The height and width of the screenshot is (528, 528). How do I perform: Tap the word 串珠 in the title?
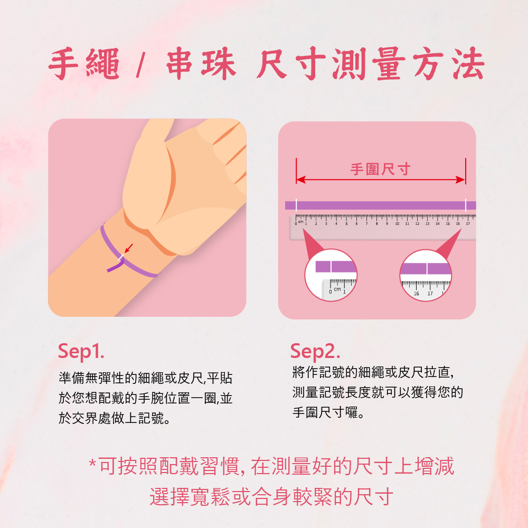click(201, 64)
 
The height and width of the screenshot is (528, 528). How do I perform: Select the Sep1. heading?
click(81, 351)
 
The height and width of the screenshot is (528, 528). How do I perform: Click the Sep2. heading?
click(315, 351)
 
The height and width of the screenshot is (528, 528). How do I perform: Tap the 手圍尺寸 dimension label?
click(380, 169)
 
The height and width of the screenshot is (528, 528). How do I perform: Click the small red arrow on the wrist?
click(128, 248)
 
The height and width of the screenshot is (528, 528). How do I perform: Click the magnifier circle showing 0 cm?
click(331, 275)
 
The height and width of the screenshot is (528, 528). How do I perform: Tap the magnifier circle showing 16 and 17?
click(426, 275)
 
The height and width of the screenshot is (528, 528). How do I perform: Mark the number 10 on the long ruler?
click(397, 224)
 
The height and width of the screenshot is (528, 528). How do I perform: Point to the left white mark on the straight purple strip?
click(296, 205)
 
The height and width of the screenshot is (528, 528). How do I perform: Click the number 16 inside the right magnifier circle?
click(416, 293)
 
